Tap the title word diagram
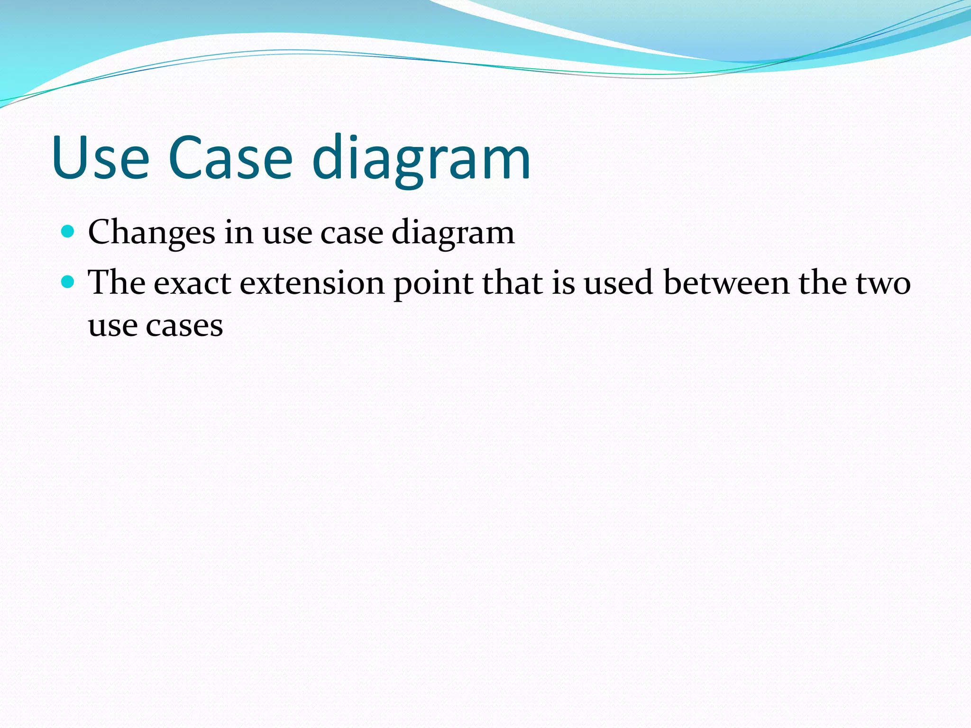(x=421, y=159)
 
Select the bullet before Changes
(x=68, y=231)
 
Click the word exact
(x=192, y=283)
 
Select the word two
(x=883, y=283)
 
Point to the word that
(x=512, y=283)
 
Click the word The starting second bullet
(x=117, y=283)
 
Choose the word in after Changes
(x=238, y=232)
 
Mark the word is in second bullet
(x=563, y=283)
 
